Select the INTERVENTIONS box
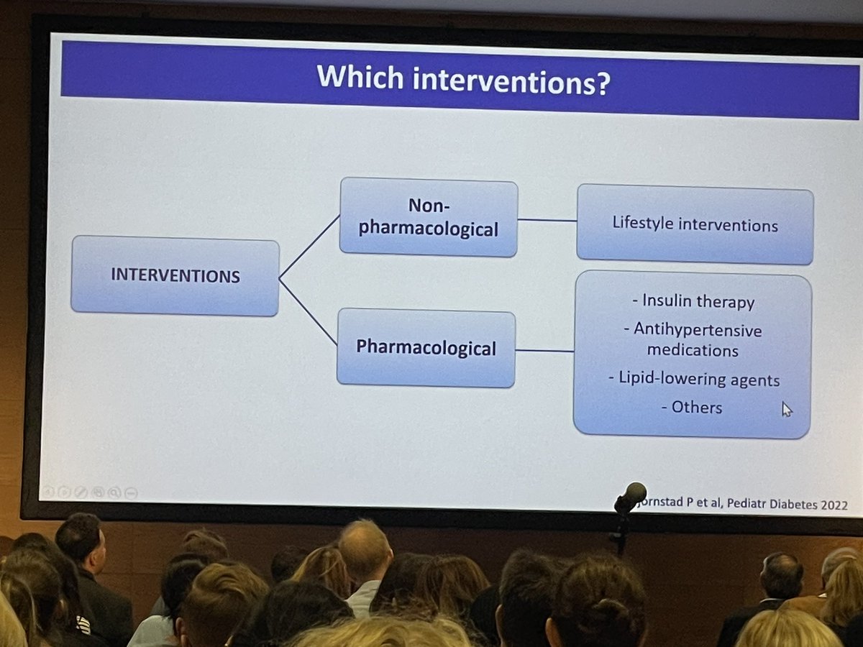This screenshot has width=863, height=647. pyautogui.click(x=175, y=275)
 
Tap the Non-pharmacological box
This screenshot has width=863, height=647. pyautogui.click(x=429, y=217)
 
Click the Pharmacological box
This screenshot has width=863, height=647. pyautogui.click(x=426, y=349)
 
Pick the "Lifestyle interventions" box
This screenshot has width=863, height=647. pyautogui.click(x=695, y=224)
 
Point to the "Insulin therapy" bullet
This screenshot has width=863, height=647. pyautogui.click(x=693, y=301)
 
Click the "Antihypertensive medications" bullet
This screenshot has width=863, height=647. pyautogui.click(x=693, y=339)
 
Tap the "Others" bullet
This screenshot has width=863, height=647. pyautogui.click(x=692, y=408)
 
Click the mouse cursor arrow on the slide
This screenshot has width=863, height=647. pyautogui.click(x=786, y=409)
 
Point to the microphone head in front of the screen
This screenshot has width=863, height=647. pyautogui.click(x=632, y=495)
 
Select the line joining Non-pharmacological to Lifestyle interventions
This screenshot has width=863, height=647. pyautogui.click(x=547, y=220)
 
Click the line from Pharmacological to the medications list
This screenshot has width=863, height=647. pyautogui.click(x=544, y=351)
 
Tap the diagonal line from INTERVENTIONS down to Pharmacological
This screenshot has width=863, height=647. pyautogui.click(x=308, y=311)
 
